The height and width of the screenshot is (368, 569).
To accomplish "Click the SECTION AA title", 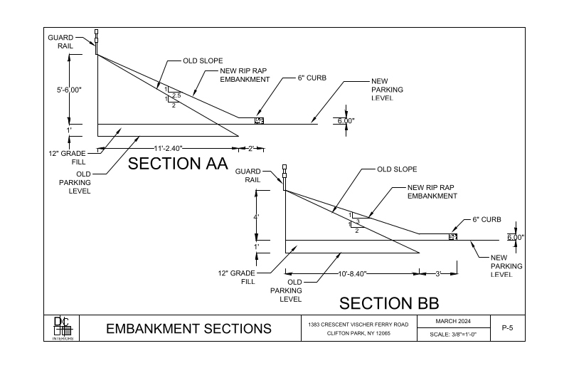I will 177,164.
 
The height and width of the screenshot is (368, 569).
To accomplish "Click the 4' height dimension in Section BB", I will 257,216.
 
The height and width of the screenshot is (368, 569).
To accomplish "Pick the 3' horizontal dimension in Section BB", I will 440,273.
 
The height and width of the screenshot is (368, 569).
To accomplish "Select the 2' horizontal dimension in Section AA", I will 252,148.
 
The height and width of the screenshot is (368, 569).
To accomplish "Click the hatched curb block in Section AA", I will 260,121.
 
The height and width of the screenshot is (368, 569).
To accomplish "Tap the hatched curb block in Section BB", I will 452,236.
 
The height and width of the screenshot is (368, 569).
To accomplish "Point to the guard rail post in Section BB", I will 284,175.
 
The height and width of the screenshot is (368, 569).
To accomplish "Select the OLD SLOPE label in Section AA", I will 199,61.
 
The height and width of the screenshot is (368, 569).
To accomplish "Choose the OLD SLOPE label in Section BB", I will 397,169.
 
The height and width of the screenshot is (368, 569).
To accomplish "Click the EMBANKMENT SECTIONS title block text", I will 188,329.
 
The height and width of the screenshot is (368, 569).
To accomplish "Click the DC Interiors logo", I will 63,328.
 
